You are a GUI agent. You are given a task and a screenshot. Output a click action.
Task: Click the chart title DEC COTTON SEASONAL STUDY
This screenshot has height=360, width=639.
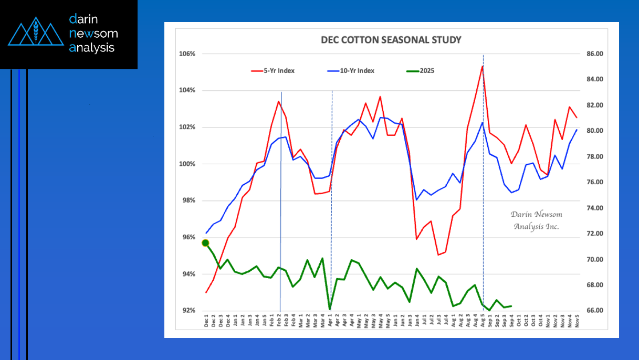(x=391, y=40)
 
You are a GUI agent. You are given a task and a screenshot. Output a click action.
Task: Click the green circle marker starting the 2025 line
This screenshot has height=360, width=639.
(x=205, y=243)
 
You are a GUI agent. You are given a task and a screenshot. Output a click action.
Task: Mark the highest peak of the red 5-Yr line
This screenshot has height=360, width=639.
(x=482, y=66)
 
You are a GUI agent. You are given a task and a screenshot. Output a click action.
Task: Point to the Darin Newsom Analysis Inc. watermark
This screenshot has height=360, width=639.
(x=536, y=220)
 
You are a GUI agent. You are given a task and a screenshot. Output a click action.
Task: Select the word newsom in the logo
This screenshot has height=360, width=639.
(x=93, y=34)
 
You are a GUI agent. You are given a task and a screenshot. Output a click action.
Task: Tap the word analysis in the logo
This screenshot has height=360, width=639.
(x=92, y=48)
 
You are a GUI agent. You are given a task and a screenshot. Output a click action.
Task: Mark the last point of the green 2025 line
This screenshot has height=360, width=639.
(x=511, y=306)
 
